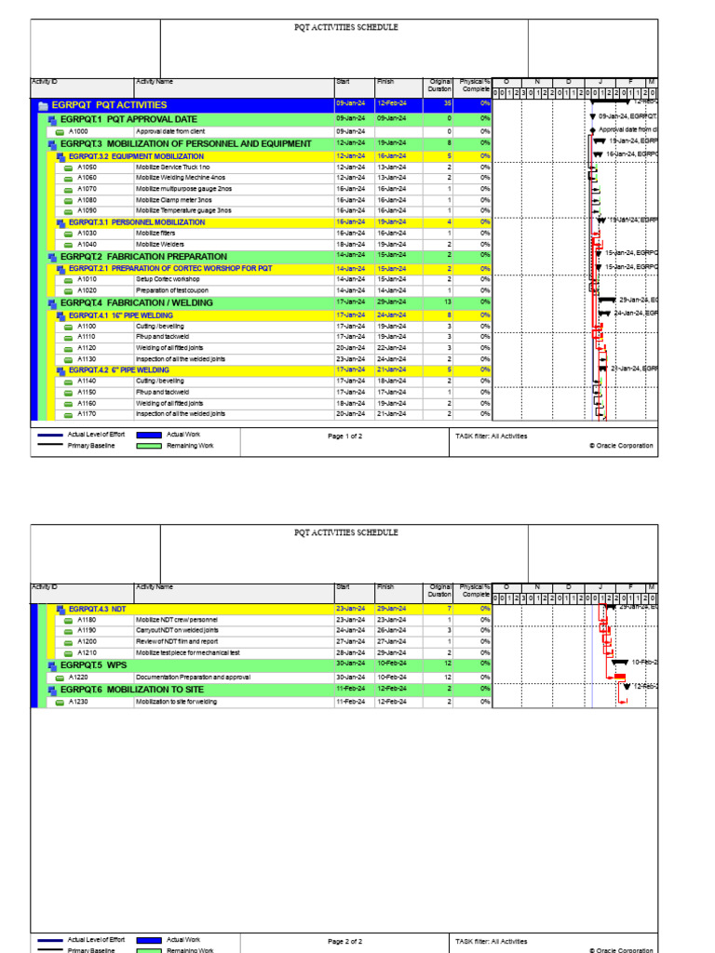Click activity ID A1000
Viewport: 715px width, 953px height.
pyautogui.click(x=78, y=132)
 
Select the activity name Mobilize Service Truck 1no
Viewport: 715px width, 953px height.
pyautogui.click(x=173, y=167)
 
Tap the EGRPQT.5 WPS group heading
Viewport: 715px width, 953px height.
pyautogui.click(x=94, y=665)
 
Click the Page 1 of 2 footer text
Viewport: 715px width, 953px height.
pyautogui.click(x=345, y=436)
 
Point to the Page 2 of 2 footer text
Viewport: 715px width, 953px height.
pyautogui.click(x=345, y=942)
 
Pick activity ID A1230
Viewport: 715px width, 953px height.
pyautogui.click(x=87, y=702)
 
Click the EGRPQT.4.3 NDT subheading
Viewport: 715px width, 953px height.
pyautogui.click(x=97, y=608)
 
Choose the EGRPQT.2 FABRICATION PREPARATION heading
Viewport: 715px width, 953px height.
pyautogui.click(x=143, y=256)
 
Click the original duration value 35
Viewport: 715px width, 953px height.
pyautogui.click(x=447, y=105)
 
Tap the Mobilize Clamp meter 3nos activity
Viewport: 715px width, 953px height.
pyautogui.click(x=174, y=199)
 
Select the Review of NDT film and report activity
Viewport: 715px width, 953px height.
pyautogui.click(x=177, y=641)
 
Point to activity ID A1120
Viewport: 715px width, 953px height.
pyautogui.click(x=87, y=347)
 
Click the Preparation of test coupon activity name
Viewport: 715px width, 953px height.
pyautogui.click(x=172, y=290)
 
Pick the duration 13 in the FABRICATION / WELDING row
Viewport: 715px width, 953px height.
pyautogui.click(x=447, y=302)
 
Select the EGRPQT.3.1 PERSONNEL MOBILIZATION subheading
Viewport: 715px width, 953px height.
pyautogui.click(x=137, y=222)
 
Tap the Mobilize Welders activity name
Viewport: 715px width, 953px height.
pyautogui.click(x=161, y=244)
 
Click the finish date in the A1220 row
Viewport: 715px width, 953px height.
pyautogui.click(x=391, y=678)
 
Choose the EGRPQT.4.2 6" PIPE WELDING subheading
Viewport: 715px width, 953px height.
pyautogui.click(x=119, y=369)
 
